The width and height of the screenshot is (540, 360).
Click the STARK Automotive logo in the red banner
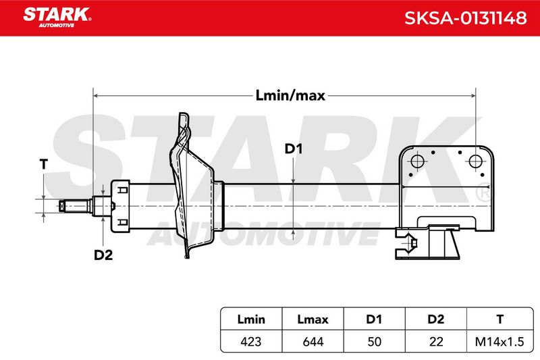(x=57, y=18)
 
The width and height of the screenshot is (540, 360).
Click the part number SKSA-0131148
(x=465, y=18)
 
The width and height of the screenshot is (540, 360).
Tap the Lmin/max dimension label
(x=290, y=95)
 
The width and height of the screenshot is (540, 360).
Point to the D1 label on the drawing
(x=294, y=149)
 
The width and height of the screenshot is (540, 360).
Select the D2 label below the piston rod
(x=103, y=255)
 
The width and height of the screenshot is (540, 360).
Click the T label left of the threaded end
(x=44, y=164)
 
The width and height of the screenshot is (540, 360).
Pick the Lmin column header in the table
(x=251, y=319)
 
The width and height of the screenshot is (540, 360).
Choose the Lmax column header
(x=313, y=319)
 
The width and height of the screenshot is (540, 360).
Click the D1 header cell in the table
(x=374, y=319)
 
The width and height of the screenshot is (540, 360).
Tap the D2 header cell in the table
(x=435, y=319)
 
